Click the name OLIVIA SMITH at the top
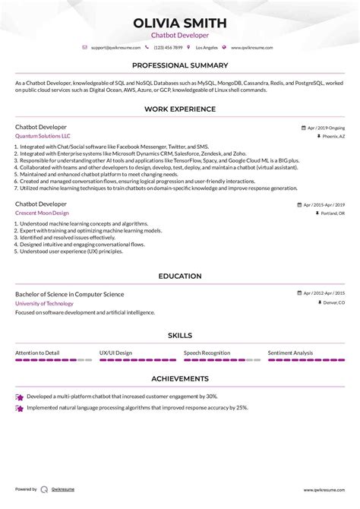click(x=180, y=22)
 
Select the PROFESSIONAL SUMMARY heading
click(x=179, y=66)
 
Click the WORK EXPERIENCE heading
click(x=179, y=109)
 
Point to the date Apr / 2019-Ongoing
click(x=325, y=128)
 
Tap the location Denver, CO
click(x=331, y=303)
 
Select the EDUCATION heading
click(x=179, y=276)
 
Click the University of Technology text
click(x=44, y=303)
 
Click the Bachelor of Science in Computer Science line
click(x=69, y=294)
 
